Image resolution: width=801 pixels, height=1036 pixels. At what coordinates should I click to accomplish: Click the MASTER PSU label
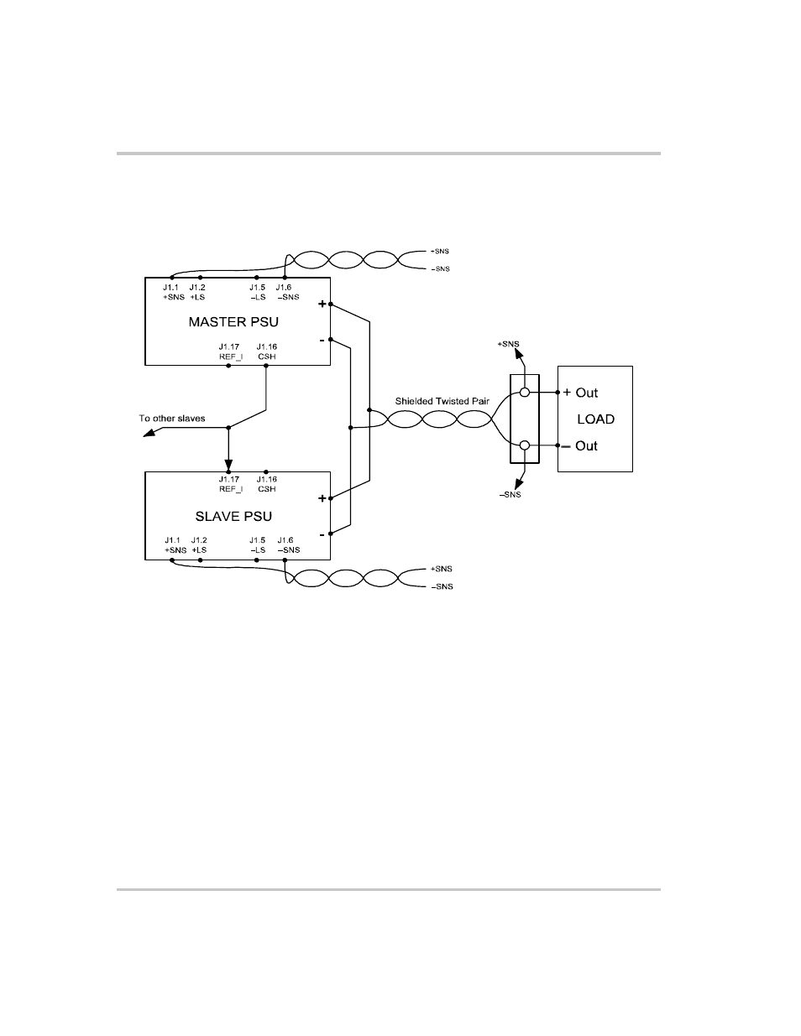click(233, 321)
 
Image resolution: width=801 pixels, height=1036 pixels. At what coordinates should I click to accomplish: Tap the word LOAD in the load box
click(595, 419)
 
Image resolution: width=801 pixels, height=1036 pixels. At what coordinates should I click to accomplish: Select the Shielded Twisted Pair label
click(442, 401)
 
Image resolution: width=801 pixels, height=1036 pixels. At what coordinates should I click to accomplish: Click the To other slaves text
click(172, 418)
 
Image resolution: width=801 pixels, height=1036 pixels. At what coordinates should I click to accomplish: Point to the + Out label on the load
click(580, 393)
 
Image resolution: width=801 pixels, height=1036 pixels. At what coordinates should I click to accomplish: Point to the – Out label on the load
click(580, 445)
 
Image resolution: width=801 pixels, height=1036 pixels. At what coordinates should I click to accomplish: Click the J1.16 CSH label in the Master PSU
click(267, 351)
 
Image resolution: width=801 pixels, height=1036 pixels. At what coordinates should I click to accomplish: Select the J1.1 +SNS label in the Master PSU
click(174, 292)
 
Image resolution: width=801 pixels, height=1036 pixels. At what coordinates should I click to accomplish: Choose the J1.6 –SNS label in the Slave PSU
click(287, 545)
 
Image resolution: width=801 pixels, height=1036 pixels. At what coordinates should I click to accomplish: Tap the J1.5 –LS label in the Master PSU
click(257, 292)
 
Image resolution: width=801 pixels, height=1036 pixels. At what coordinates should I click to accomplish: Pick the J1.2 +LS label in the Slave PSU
click(199, 545)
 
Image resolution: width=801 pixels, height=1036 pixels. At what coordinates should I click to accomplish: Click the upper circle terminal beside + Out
click(525, 393)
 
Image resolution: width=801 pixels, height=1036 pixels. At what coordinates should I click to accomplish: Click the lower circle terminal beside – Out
click(525, 445)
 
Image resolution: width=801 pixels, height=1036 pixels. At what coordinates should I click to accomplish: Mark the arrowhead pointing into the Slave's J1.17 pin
click(228, 465)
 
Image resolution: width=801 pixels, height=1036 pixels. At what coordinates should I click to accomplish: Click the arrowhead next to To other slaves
click(149, 433)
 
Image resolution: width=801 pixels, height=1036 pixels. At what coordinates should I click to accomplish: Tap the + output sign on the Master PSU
click(322, 304)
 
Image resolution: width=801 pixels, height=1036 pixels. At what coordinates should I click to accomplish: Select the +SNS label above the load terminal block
click(508, 344)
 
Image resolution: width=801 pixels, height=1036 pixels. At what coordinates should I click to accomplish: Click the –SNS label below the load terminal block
click(510, 495)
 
